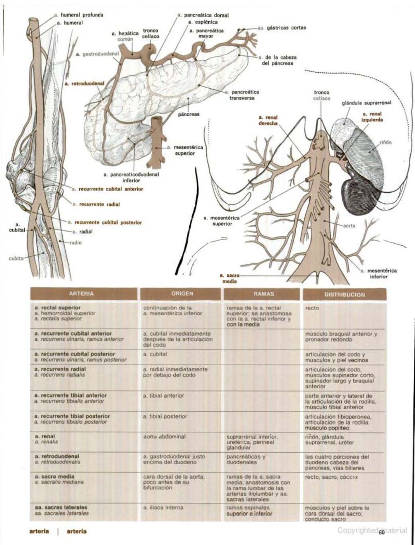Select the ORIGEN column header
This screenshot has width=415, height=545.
point(182,294)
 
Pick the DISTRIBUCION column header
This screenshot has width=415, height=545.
point(344,295)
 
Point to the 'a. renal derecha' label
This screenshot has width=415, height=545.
point(268,120)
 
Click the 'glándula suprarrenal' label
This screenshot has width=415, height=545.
point(367,103)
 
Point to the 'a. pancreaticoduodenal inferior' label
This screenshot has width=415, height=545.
point(131,177)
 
